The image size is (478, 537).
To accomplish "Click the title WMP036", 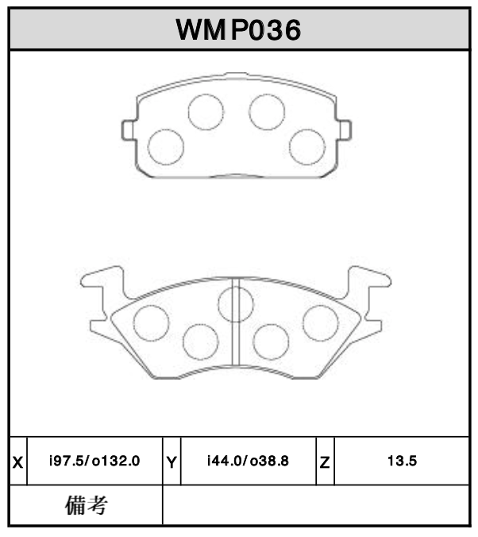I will click(x=238, y=30).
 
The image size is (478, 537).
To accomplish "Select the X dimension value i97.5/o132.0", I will click(x=94, y=461).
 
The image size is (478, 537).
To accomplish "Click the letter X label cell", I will click(x=17, y=461).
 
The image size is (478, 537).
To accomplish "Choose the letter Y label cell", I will click(x=172, y=461).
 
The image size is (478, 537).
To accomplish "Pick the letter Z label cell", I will click(x=325, y=461).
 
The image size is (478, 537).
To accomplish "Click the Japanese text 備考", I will click(x=85, y=504).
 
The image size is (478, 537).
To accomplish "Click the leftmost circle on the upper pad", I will click(x=167, y=146).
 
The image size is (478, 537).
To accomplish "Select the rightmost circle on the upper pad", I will click(x=306, y=146).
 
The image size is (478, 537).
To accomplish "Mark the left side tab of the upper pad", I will click(x=128, y=129).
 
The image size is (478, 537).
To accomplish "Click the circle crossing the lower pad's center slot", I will click(x=236, y=304).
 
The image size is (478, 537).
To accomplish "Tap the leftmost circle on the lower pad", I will click(x=151, y=322).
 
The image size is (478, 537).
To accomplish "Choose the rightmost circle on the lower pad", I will click(x=321, y=322).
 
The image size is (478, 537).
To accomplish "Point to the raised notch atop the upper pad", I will click(x=236, y=76).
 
